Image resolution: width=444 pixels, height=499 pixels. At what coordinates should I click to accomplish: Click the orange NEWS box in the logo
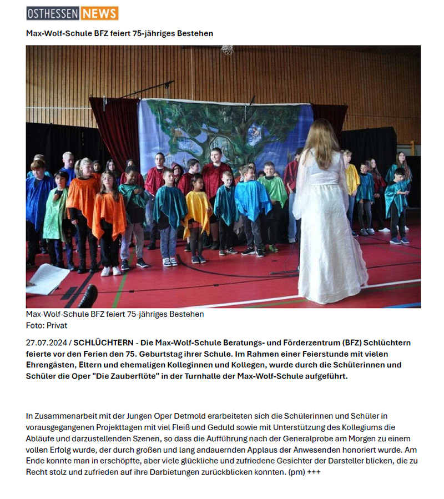[x=99, y=13]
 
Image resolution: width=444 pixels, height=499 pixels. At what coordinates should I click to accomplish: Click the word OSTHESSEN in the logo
[x=53, y=13]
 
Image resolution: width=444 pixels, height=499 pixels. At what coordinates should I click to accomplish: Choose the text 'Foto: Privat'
[x=47, y=325]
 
